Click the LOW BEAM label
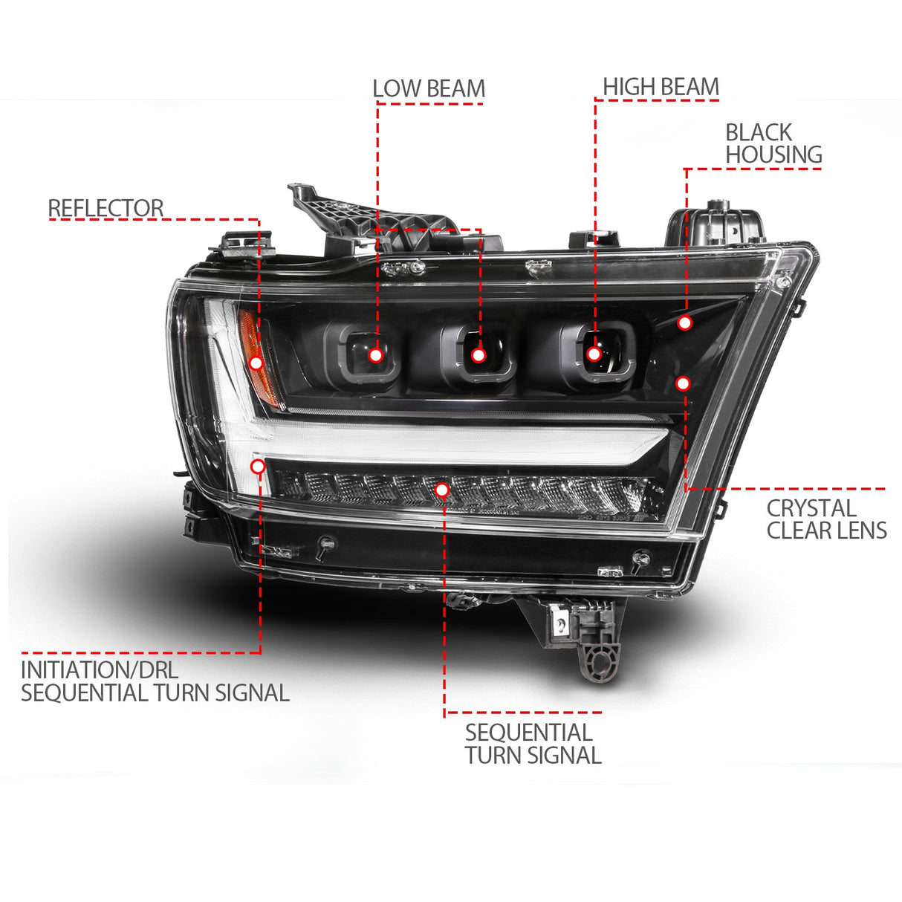pos(428,88)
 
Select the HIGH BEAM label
pos(661,87)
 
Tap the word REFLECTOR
pos(106,209)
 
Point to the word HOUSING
pos(773,155)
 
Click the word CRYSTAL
pos(811,509)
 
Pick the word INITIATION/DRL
pos(99,670)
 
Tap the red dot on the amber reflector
pos(256,363)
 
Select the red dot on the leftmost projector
pos(376,355)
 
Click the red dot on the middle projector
pos(478,356)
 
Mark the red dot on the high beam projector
pos(594,354)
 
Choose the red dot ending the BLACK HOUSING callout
pos(684,323)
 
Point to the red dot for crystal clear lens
pos(682,383)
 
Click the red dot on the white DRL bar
pos(258,467)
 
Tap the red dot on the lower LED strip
pos(442,490)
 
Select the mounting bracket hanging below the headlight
pos(587,639)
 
